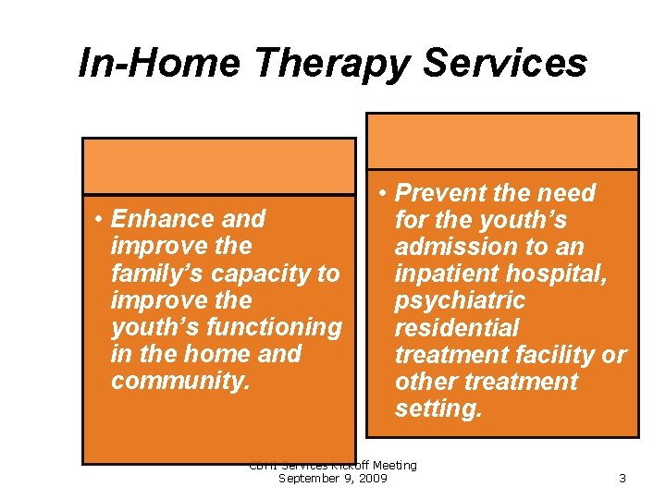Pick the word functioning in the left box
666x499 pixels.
point(275,327)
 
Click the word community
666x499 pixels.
point(179,381)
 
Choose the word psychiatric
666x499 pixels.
point(460,301)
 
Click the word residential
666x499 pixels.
point(457,328)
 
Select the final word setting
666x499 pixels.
point(438,408)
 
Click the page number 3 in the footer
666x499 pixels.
point(623,479)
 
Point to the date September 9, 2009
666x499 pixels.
point(333,478)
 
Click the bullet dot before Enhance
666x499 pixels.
point(98,220)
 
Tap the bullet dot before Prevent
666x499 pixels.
point(383,194)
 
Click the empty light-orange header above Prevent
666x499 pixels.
point(502,141)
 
